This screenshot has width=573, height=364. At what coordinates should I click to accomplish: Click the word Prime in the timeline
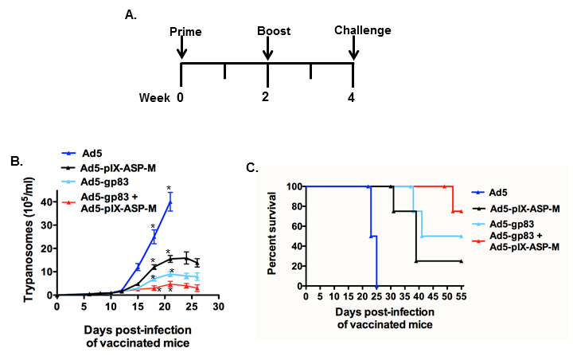point(186,31)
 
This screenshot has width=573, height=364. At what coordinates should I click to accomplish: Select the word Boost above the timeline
point(272,31)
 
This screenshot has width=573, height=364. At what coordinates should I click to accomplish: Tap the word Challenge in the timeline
point(363,31)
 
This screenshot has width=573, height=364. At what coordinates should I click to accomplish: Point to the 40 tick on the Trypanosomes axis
point(47,203)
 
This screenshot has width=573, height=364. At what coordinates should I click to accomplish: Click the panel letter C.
point(252,166)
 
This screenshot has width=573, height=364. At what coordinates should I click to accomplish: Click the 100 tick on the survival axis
point(294,186)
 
